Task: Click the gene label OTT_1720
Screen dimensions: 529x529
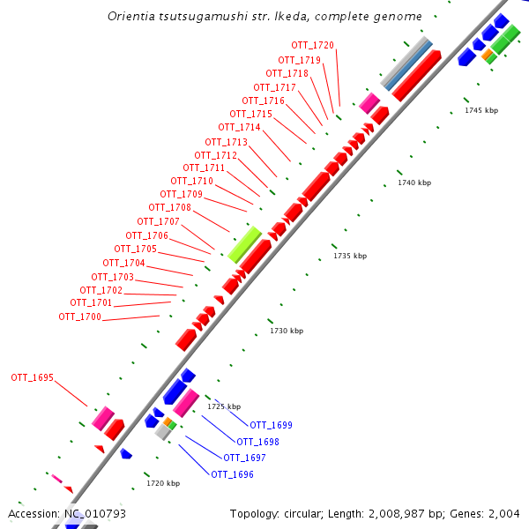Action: tap(313, 45)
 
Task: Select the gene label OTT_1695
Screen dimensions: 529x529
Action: tap(33, 377)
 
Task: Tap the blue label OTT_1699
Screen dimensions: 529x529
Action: tap(271, 425)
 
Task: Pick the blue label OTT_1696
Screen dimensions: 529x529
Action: tap(232, 474)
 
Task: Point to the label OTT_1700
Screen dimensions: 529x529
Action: tap(80, 317)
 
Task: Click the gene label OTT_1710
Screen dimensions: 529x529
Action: tap(192, 181)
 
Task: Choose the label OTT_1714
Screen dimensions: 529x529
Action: tap(239, 127)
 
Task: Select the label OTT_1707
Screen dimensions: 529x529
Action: tap(158, 221)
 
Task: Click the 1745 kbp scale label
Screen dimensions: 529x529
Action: tap(481, 110)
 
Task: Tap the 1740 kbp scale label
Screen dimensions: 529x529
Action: tap(414, 183)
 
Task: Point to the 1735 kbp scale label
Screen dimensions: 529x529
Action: tap(349, 256)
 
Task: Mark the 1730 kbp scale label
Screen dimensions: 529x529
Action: tap(287, 331)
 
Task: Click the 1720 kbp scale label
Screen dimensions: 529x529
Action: tap(163, 483)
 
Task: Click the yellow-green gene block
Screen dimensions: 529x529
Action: tap(244, 243)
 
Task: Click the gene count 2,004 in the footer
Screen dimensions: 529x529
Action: tap(506, 513)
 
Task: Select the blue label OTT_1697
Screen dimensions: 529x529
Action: tap(244, 458)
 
